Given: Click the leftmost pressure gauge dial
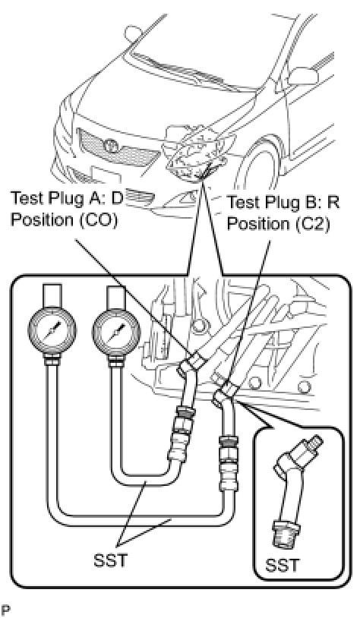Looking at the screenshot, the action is pyautogui.click(x=52, y=331).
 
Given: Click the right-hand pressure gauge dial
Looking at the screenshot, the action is pyautogui.click(x=116, y=330).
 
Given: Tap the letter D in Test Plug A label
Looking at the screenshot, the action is pyautogui.click(x=117, y=198).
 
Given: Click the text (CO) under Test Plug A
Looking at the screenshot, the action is pyautogui.click(x=99, y=220).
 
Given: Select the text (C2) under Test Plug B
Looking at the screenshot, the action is pyautogui.click(x=310, y=223).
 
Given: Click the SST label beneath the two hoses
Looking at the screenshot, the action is pyautogui.click(x=110, y=560).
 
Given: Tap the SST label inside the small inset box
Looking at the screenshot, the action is pyautogui.click(x=282, y=565).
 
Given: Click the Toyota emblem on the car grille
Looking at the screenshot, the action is pyautogui.click(x=111, y=146).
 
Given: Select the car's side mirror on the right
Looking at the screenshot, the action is pyautogui.click(x=303, y=76).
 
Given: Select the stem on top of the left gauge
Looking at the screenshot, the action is pyautogui.click(x=52, y=295).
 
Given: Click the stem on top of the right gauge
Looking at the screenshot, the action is pyautogui.click(x=115, y=295).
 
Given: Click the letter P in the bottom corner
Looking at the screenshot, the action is pyautogui.click(x=5, y=610).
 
